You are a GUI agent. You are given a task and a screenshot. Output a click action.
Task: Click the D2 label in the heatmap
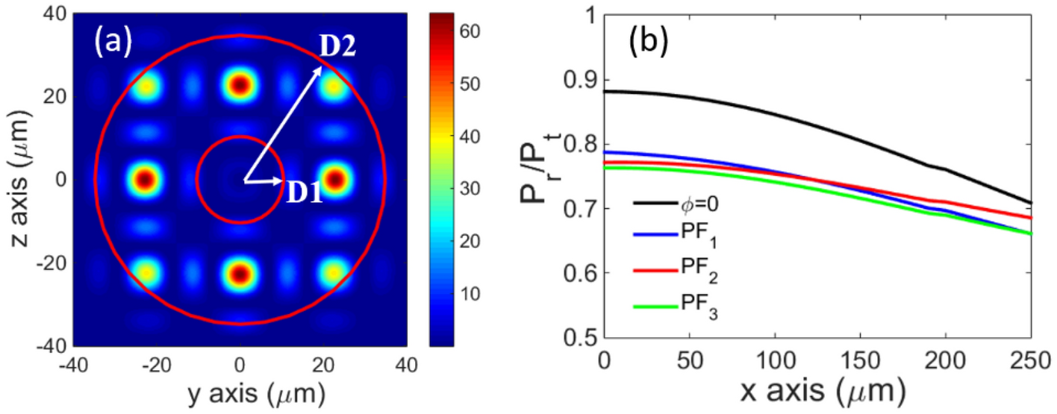pyautogui.click(x=338, y=47)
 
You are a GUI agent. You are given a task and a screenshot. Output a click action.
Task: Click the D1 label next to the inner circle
pyautogui.click(x=305, y=192)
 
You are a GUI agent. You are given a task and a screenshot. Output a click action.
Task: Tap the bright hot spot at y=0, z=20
pyautogui.click(x=240, y=85)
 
